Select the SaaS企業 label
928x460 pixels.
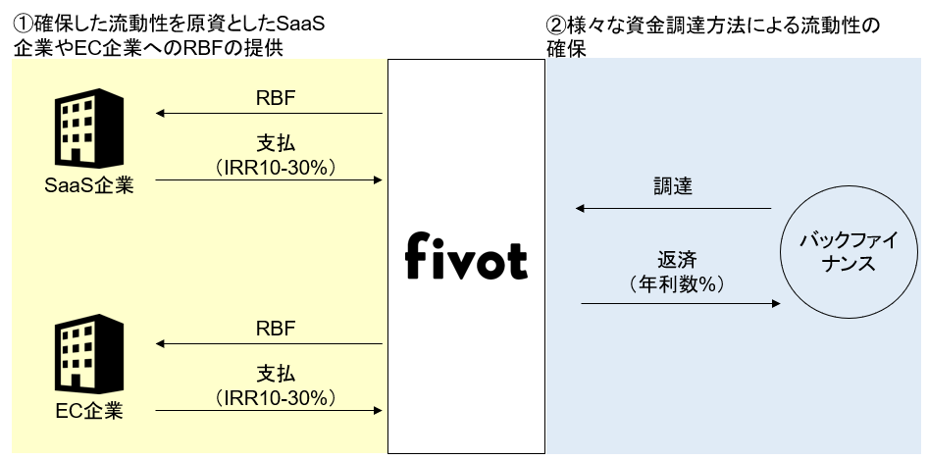point(89,183)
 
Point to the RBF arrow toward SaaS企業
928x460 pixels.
point(270,114)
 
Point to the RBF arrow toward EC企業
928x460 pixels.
point(270,343)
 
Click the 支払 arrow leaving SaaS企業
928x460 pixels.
point(270,179)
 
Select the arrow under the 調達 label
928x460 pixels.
point(674,208)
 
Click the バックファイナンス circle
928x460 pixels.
point(839,253)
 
